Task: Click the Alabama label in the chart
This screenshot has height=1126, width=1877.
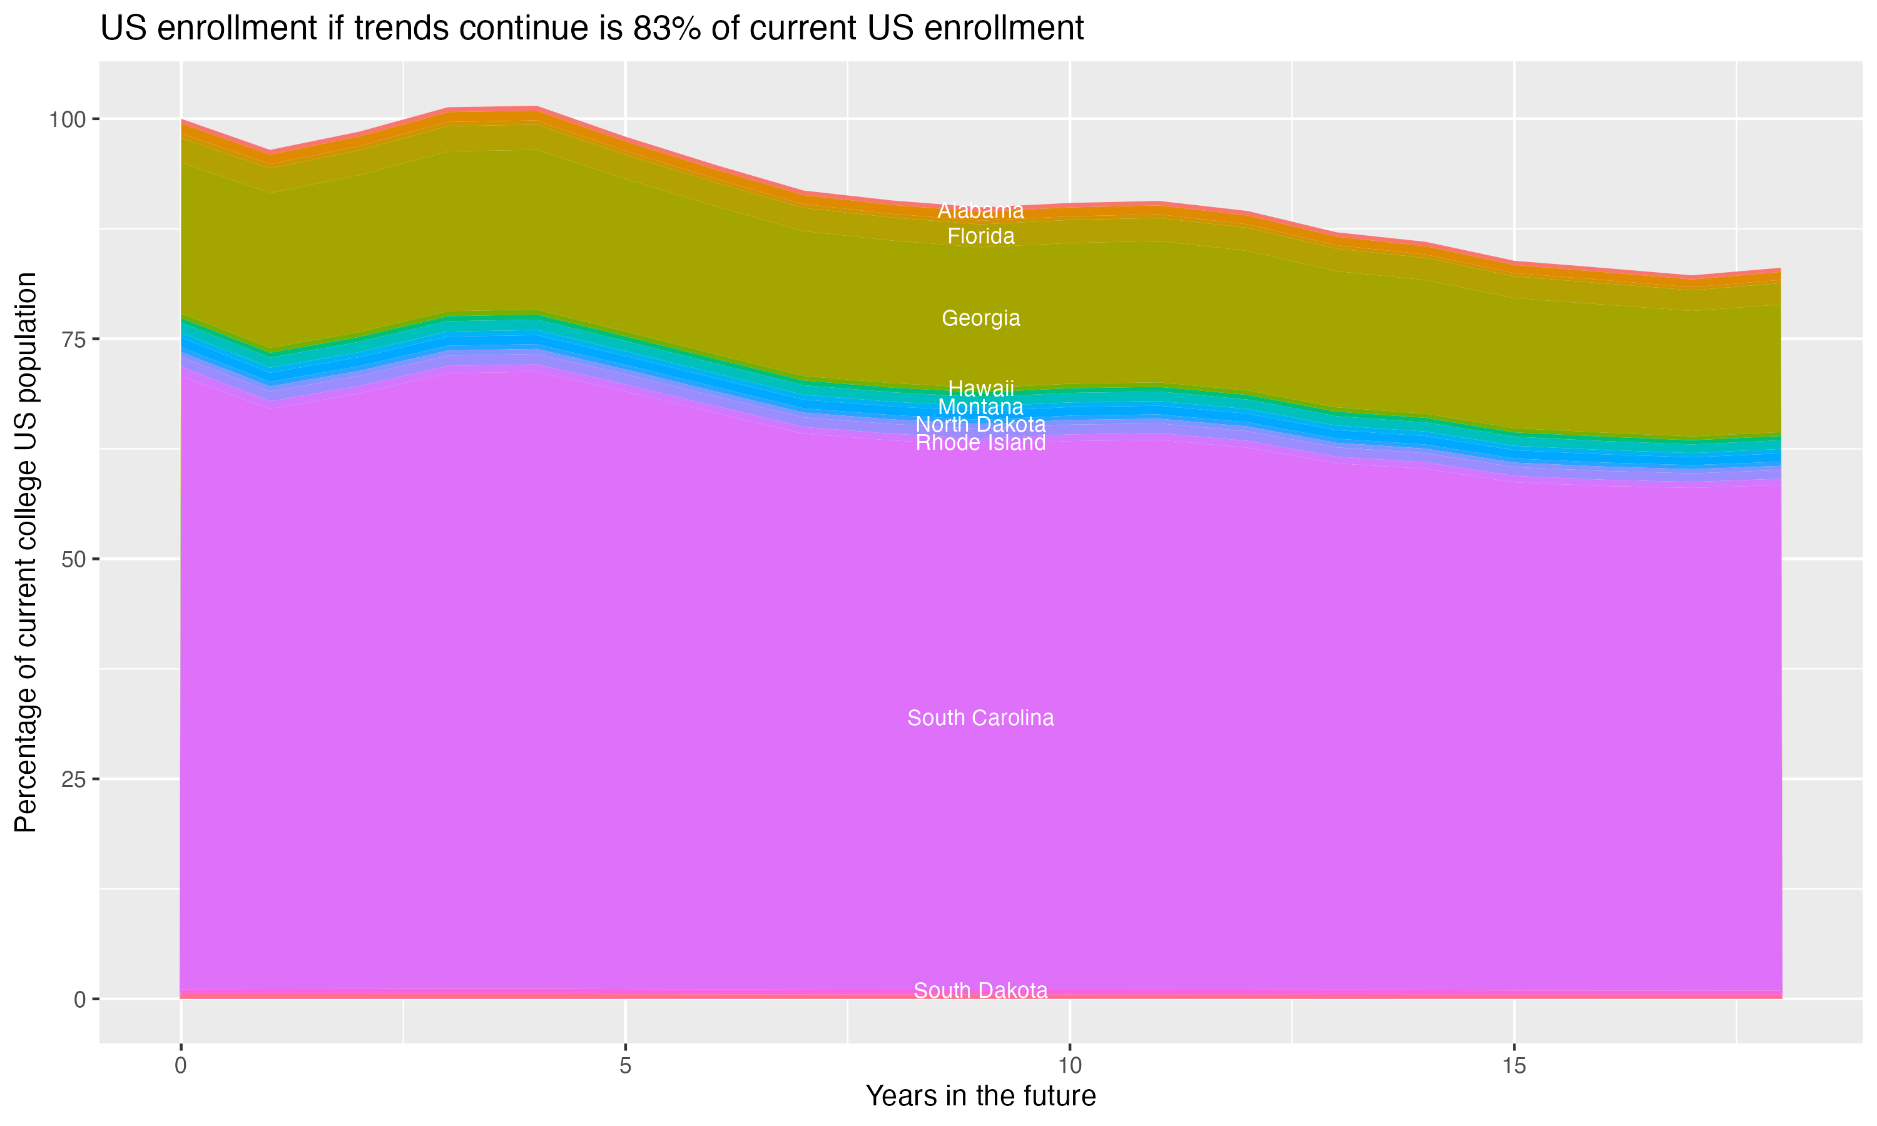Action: click(x=980, y=211)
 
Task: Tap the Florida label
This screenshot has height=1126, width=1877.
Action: click(x=980, y=236)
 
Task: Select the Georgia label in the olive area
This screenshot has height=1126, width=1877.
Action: click(x=980, y=318)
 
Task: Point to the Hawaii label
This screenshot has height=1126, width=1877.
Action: click(x=980, y=388)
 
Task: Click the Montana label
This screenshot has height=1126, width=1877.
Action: click(x=980, y=407)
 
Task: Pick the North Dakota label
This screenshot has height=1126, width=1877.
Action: click(x=980, y=425)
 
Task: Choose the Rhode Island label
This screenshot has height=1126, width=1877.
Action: click(x=980, y=443)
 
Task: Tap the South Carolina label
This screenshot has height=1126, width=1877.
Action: click(x=980, y=718)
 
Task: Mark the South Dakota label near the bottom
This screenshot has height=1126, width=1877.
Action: click(x=980, y=991)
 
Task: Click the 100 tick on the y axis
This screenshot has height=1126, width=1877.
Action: click(x=69, y=119)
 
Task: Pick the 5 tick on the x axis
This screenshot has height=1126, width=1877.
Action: click(x=625, y=1066)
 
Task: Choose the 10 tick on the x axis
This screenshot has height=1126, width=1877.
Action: click(x=1070, y=1066)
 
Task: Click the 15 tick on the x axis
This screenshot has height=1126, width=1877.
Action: click(x=1514, y=1066)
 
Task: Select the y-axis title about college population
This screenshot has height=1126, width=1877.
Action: click(x=26, y=552)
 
